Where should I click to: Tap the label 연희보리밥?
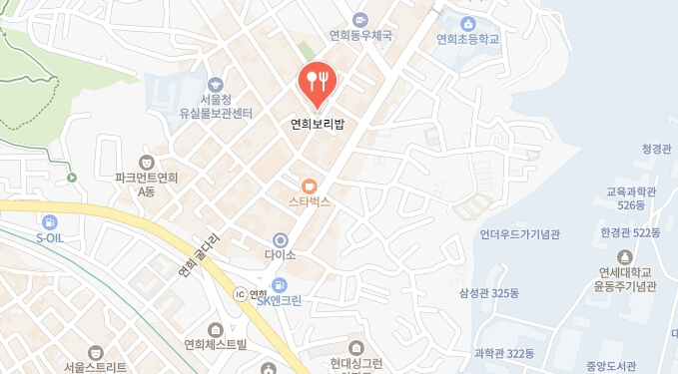tap(317, 125)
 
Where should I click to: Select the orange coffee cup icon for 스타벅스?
tap(310, 186)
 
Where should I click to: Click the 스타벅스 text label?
tap(310, 201)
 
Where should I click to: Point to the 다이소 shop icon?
tap(281, 239)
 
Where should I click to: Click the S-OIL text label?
tap(50, 238)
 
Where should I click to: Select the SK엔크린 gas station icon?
tap(281, 285)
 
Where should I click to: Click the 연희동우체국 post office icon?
tap(360, 19)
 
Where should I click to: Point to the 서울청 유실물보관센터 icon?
tap(216, 85)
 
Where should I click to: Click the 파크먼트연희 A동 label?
tap(146, 184)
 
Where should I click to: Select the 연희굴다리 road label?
tap(199, 255)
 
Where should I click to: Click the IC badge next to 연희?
tap(239, 294)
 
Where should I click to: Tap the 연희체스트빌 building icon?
tap(216, 330)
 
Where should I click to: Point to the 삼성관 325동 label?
tap(489, 292)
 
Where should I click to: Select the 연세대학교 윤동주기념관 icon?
tap(626, 256)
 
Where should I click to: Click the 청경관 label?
tap(658, 149)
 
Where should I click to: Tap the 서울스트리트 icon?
tap(95, 352)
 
